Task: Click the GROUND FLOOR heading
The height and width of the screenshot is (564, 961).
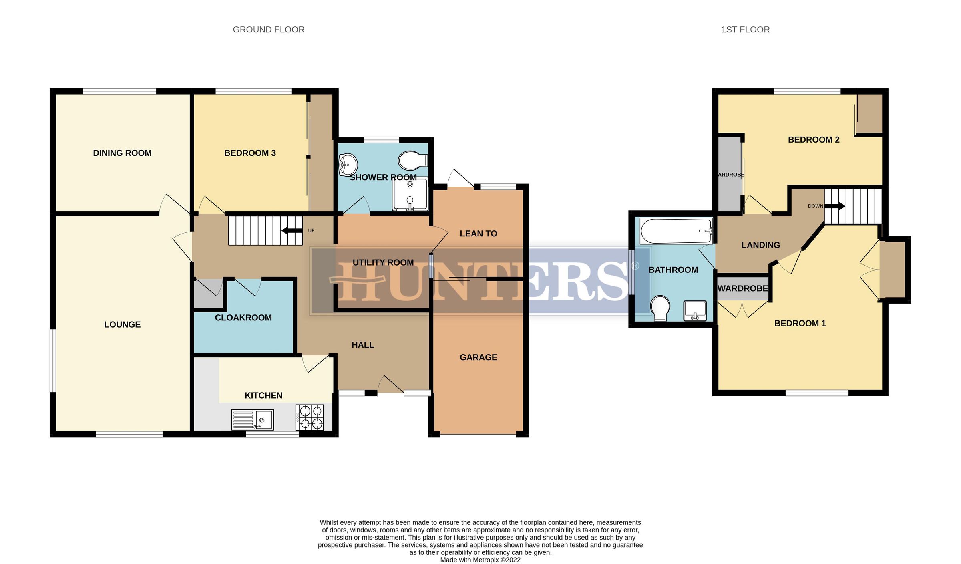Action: click(268, 30)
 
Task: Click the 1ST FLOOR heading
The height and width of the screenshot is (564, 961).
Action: click(745, 30)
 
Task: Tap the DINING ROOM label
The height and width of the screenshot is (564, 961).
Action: click(122, 153)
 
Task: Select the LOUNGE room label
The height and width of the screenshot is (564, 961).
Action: click(122, 324)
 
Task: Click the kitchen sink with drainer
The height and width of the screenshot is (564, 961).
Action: click(252, 419)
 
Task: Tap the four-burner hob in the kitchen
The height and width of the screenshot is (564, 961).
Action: click(309, 417)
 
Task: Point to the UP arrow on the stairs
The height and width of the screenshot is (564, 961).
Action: click(292, 230)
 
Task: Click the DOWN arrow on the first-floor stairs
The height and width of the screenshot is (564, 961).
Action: click(834, 206)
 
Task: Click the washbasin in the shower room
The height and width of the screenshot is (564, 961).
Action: click(348, 165)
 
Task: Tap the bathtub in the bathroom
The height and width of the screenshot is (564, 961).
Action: click(676, 231)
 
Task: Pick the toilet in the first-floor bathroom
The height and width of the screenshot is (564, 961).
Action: click(660, 308)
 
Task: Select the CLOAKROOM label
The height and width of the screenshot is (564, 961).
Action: click(243, 318)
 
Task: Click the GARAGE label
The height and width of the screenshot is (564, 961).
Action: click(478, 357)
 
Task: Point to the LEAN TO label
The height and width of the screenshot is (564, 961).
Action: click(478, 234)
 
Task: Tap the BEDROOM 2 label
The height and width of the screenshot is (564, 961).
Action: click(813, 140)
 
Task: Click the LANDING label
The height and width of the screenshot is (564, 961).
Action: click(760, 245)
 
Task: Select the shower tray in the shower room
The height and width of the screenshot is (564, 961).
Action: click(410, 195)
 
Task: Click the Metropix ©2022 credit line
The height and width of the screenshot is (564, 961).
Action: click(480, 560)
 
